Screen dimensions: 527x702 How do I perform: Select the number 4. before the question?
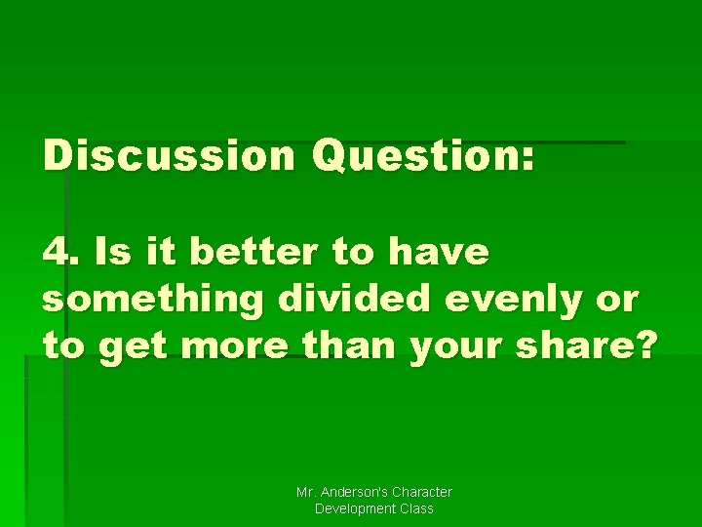[x=60, y=253]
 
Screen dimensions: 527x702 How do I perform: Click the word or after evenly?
[x=618, y=300]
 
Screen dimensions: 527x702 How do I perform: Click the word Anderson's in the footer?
[x=354, y=493]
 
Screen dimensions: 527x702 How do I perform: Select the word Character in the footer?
[x=421, y=493]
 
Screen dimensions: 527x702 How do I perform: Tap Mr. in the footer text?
[x=306, y=493]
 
